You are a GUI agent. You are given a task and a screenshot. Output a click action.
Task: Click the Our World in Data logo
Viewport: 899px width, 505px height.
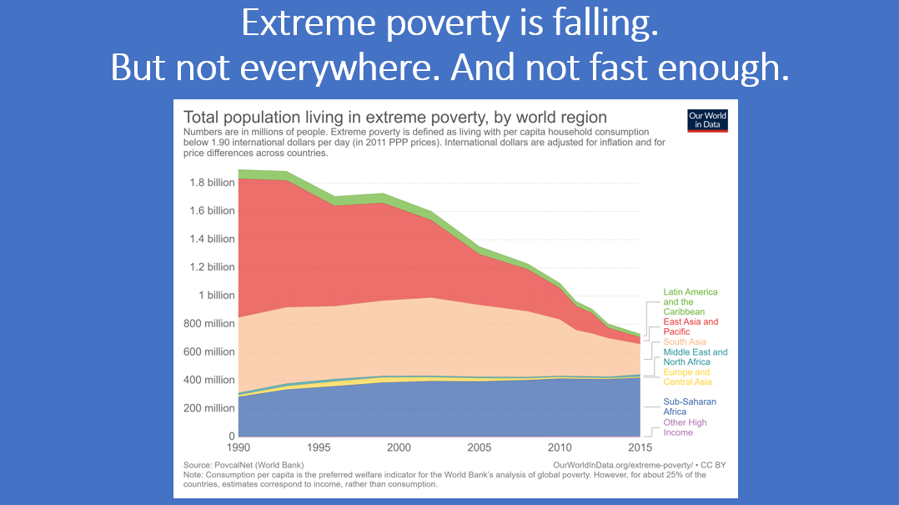pos(707,120)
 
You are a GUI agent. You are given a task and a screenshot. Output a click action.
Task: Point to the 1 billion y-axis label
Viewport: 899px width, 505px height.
pos(216,295)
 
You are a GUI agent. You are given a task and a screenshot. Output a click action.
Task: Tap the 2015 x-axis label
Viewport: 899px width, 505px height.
pos(640,447)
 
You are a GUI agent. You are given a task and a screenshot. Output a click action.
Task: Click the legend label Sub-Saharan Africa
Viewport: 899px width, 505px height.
pos(690,407)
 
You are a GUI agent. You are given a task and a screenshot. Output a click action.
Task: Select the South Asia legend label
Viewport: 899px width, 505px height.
pos(685,342)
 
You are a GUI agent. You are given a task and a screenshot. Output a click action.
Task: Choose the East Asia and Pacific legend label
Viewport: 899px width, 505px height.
pos(691,326)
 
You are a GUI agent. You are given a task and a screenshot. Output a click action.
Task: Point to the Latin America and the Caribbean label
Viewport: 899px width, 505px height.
pos(691,302)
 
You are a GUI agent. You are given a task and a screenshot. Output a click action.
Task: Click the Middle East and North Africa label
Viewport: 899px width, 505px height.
pos(696,357)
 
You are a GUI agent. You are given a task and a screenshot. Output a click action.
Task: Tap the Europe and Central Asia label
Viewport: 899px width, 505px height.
pos(686,377)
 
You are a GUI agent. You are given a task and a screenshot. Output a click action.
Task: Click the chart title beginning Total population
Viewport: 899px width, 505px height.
pos(394,117)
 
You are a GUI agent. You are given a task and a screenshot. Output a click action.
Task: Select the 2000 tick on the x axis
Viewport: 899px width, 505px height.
pos(399,447)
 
